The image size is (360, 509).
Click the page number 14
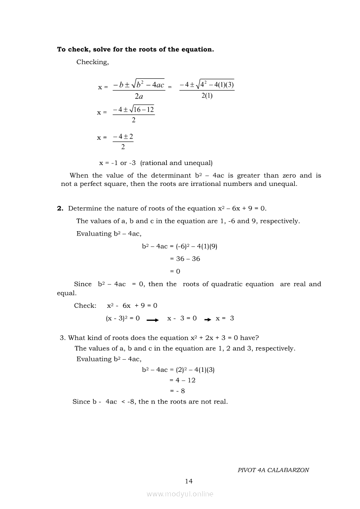click(x=189, y=481)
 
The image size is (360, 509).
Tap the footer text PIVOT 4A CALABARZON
click(x=273, y=470)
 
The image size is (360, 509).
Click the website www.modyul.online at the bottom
click(x=180, y=494)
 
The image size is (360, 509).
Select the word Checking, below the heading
click(x=92, y=62)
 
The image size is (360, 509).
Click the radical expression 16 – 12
click(x=144, y=110)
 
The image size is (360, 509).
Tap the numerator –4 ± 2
click(x=123, y=137)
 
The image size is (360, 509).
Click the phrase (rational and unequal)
click(x=177, y=163)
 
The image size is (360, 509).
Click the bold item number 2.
click(x=60, y=209)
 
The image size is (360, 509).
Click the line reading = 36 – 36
click(x=185, y=259)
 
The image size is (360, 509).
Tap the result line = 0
click(x=175, y=271)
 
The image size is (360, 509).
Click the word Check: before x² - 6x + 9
click(x=85, y=306)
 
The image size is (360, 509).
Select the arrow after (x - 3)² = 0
click(x=153, y=320)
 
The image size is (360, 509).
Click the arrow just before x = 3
click(x=207, y=320)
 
